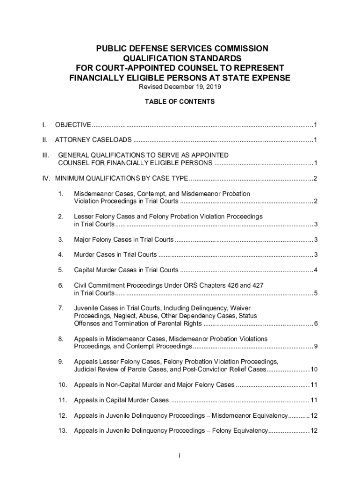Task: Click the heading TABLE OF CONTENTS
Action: (x=180, y=102)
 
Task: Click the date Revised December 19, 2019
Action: (x=180, y=87)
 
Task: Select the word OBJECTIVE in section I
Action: (x=73, y=125)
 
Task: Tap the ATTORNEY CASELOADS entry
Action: (x=94, y=140)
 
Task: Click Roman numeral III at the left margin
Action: (x=45, y=155)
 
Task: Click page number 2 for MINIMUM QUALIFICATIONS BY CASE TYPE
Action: (x=316, y=178)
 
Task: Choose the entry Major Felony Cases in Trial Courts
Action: (x=123, y=240)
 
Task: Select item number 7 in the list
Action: (x=61, y=308)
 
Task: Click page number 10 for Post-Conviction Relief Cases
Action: (x=314, y=370)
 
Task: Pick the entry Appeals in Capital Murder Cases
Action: (x=121, y=400)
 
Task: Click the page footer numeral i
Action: (x=180, y=456)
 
